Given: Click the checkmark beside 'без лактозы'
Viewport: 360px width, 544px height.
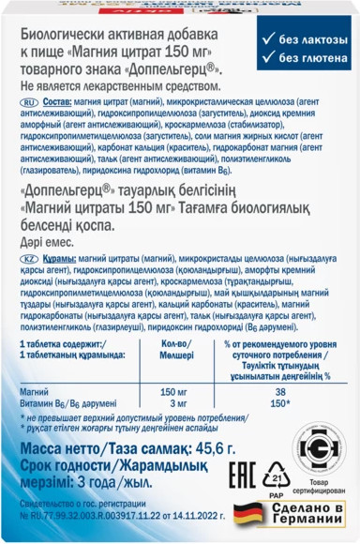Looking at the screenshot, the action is coord(268,40).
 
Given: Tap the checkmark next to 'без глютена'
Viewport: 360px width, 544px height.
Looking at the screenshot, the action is coord(268,60).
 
